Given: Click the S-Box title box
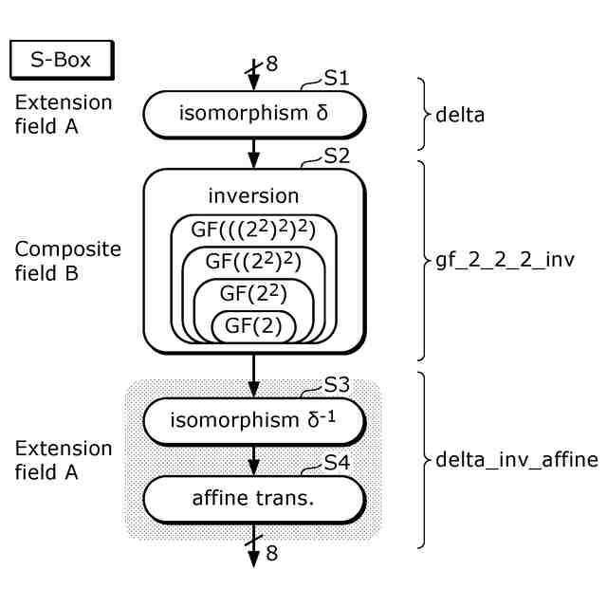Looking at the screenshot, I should click(62, 61).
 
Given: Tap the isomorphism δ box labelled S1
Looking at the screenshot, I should click(253, 115).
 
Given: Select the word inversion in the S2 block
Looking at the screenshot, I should click(253, 196).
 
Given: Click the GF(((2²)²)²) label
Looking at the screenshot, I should click(253, 230).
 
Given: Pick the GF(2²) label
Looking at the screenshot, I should click(253, 294).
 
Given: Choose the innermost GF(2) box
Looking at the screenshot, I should click(253, 326).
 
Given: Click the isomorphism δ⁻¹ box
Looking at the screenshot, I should click(253, 421).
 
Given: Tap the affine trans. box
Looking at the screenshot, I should click(253, 496).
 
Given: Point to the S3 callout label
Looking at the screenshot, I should click(337, 385).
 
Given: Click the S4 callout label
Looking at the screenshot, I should click(337, 463).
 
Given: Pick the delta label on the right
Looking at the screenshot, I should click(460, 116).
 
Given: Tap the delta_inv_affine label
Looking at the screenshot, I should click(516, 461).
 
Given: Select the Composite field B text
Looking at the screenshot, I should click(68, 262).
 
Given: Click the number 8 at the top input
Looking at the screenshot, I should click(272, 64).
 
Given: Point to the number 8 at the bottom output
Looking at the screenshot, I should click(272, 553).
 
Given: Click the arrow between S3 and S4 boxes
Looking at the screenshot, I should click(253, 460).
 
